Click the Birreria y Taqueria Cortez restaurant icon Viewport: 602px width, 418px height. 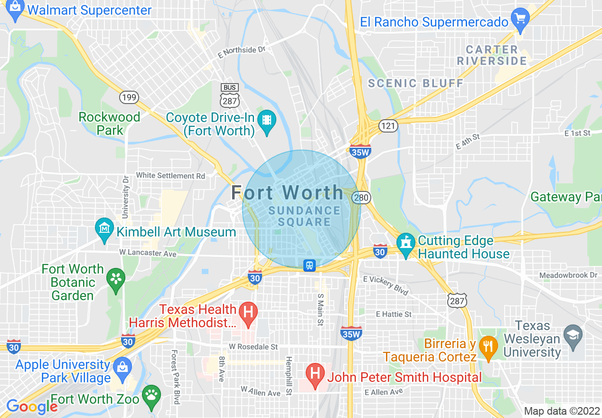click(x=488, y=346)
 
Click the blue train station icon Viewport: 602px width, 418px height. click(x=310, y=265)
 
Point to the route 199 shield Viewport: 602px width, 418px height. click(x=129, y=97)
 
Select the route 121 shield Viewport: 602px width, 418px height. click(x=387, y=125)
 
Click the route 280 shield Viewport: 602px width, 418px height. click(x=362, y=197)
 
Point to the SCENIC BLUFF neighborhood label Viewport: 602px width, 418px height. click(x=416, y=84)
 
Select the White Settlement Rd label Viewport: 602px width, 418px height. click(x=170, y=176)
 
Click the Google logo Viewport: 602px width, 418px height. click(x=32, y=407)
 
